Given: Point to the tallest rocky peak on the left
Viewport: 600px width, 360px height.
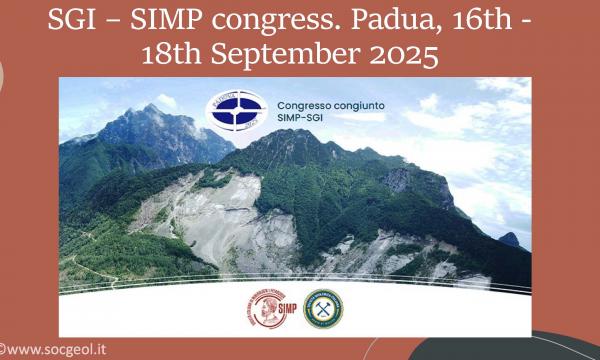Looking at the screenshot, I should (151, 107).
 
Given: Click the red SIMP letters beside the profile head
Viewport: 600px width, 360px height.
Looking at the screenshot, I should (285, 311).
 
